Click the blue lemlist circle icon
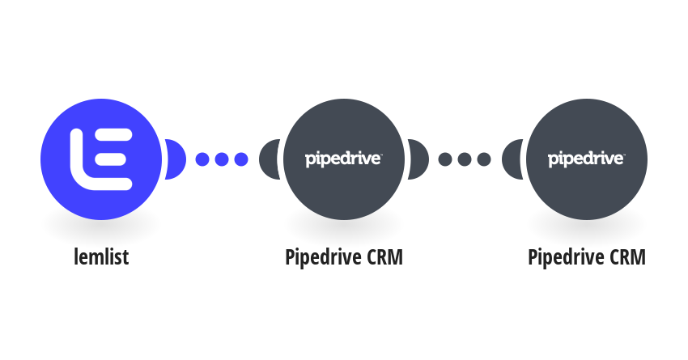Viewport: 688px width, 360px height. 101,159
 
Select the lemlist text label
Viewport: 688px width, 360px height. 101,256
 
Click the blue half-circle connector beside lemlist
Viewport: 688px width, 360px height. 175,159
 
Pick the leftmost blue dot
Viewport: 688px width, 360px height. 202,159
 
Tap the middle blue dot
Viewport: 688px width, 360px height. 222,159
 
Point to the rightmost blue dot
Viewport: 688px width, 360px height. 241,159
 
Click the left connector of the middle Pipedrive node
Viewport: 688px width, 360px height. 270,159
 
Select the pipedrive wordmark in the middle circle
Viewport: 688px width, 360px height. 343,159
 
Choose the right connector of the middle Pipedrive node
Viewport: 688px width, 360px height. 418,159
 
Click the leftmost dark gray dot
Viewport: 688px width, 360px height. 445,159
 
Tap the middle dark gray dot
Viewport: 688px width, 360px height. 465,159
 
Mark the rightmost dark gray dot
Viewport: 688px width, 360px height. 484,159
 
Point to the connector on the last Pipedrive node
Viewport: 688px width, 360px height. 512,159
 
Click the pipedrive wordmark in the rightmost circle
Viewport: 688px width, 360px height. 587,159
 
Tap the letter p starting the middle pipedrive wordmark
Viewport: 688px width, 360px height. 310,161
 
